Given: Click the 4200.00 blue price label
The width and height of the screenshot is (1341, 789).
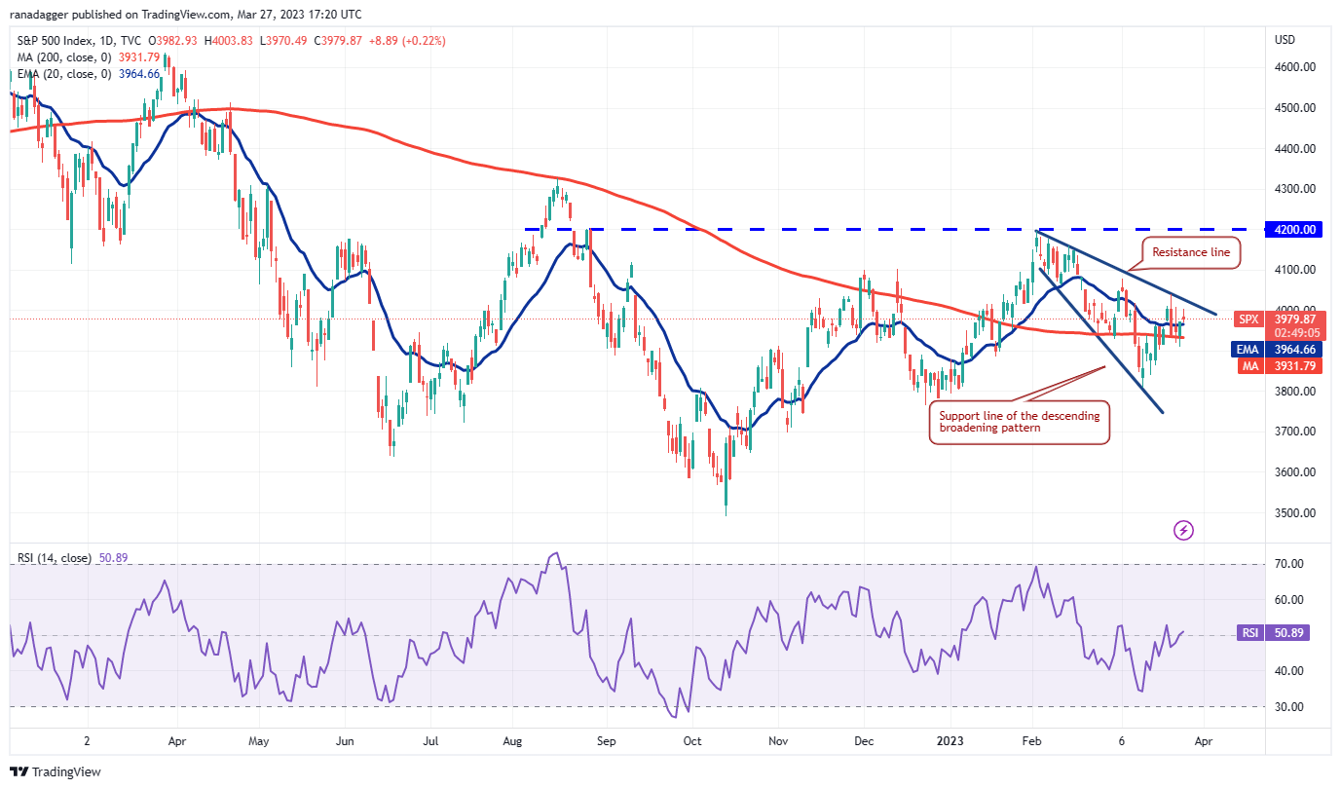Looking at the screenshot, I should pos(1295,230).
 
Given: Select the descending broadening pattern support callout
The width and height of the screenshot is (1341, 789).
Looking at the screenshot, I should pos(1019,422).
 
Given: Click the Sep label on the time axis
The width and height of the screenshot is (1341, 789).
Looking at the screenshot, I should pos(605,739).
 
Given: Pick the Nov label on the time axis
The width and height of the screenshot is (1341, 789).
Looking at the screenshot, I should pos(777,739).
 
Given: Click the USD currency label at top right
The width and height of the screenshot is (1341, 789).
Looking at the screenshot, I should pos(1285,40).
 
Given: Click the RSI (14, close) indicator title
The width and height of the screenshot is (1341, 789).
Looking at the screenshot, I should pos(55,558).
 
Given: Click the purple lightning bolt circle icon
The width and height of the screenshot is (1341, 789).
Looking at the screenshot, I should pos(1183,530).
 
